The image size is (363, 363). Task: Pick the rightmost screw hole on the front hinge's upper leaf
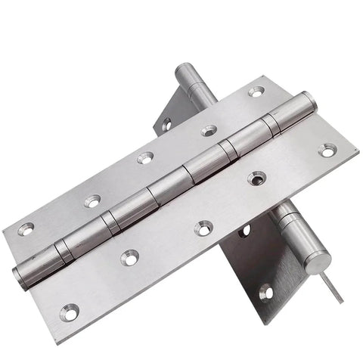coord(256,92)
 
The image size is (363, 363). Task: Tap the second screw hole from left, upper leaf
coord(92,201)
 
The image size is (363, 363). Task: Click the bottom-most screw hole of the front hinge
coord(70,309)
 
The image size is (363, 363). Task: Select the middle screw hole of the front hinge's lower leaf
coord(203,227)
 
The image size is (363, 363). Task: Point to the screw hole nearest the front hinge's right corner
coord(326,150)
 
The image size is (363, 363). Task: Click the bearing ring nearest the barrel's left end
coord(65,251)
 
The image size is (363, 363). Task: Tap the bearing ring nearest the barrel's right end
coord(271,123)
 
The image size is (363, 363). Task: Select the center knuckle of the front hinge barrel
coord(168,186)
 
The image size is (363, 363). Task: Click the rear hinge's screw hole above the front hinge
coord(166,123)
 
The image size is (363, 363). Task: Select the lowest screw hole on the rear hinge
coord(264,290)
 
